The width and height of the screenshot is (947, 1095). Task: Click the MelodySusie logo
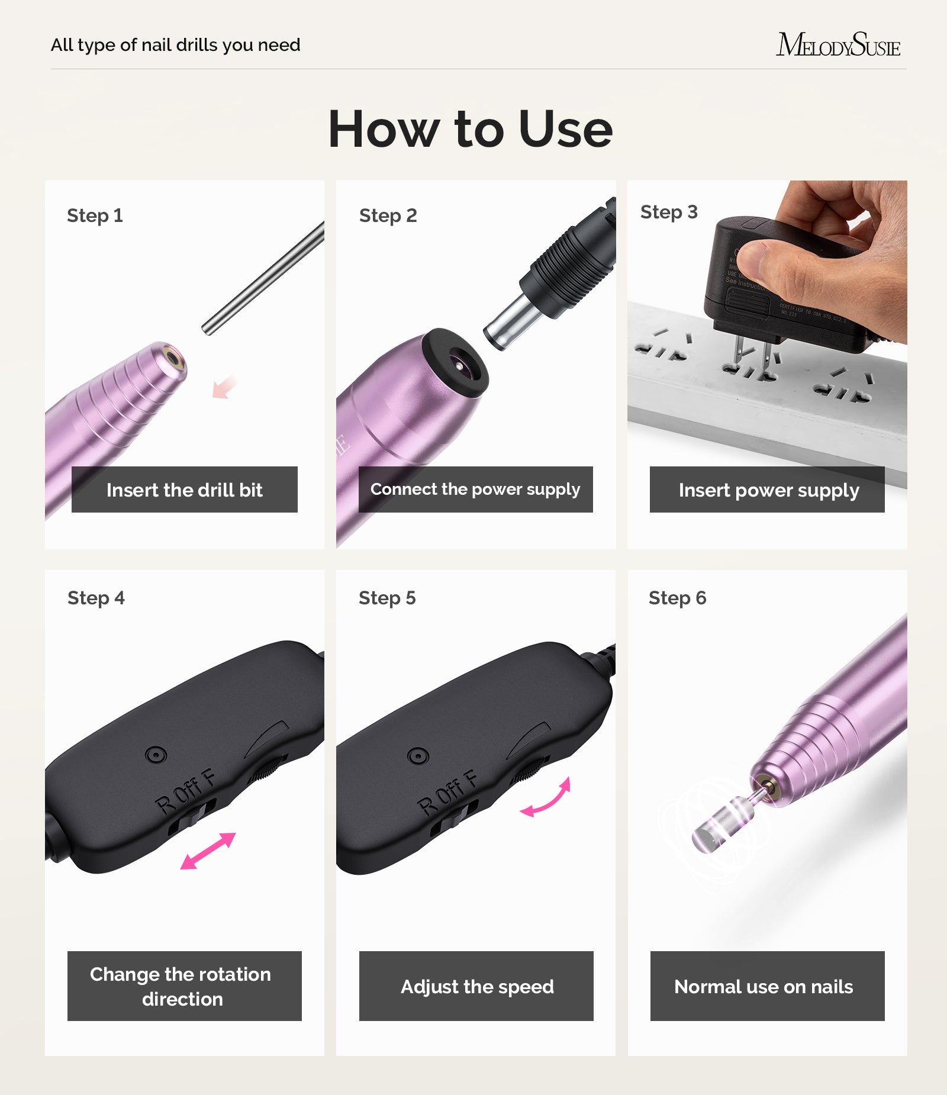tap(838, 45)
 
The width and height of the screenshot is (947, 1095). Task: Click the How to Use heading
tap(471, 129)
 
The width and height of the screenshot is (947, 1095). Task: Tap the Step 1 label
tap(95, 215)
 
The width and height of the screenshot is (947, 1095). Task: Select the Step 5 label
tap(387, 598)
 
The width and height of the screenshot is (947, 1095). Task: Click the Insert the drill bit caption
tap(184, 489)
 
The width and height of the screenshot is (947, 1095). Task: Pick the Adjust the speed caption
tap(476, 986)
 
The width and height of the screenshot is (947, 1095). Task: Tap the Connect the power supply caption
tap(475, 489)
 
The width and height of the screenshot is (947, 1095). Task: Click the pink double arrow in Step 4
tap(208, 851)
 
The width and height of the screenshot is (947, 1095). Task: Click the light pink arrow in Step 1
tap(224, 388)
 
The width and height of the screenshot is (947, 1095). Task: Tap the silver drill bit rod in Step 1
tap(263, 278)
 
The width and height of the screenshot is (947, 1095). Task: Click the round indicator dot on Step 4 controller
tap(155, 755)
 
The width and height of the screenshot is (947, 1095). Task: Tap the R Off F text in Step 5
tap(447, 793)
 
